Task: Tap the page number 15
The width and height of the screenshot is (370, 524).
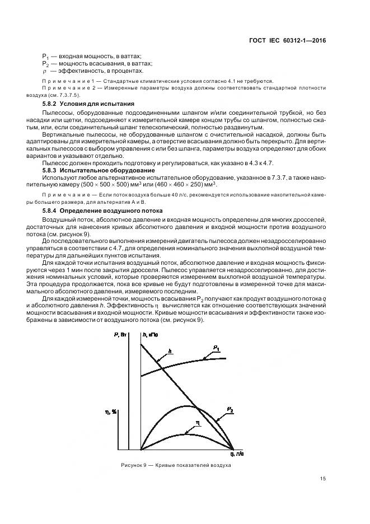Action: (323, 478)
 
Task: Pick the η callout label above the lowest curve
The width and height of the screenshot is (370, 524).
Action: (197, 423)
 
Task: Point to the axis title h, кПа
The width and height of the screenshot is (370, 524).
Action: (149, 334)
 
